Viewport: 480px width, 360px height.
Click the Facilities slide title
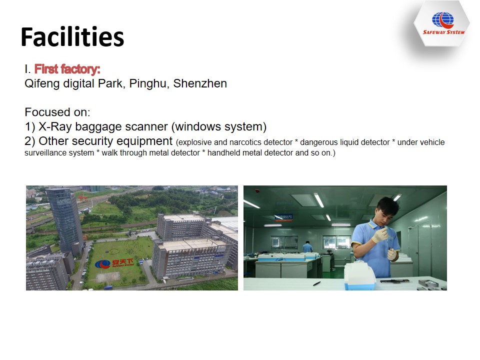pyautogui.click(x=72, y=37)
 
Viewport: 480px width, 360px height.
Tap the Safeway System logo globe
pyautogui.click(x=442, y=20)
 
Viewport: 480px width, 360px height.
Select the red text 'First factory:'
pyautogui.click(x=67, y=69)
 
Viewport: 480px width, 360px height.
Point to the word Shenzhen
pyautogui.click(x=200, y=83)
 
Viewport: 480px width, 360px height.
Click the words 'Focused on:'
pyautogui.click(x=57, y=112)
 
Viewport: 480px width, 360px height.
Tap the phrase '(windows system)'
pyautogui.click(x=219, y=126)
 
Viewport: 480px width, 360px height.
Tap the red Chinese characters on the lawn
pyautogui.click(x=122, y=262)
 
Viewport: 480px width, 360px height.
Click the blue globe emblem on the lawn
pyautogui.click(x=102, y=264)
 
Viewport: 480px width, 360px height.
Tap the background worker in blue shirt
pyautogui.click(x=307, y=247)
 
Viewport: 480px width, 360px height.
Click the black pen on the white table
pyautogui.click(x=317, y=284)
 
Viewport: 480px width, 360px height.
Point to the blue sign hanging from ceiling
pyautogui.click(x=283, y=217)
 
